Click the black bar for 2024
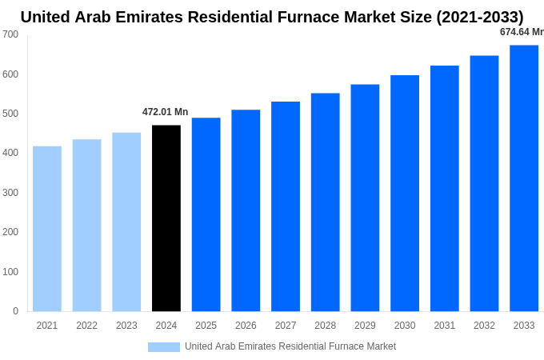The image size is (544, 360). [166, 218]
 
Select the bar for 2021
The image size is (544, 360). [47, 229]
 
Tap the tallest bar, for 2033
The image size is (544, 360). [524, 178]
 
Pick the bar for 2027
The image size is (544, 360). [286, 206]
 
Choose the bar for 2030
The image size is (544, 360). [405, 194]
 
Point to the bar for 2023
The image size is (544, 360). [126, 222]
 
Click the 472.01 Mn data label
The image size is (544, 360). [166, 112]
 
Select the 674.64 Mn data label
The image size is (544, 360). [522, 32]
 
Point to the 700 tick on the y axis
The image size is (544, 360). [10, 34]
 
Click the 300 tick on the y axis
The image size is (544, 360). [10, 193]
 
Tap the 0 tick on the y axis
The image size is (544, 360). [15, 311]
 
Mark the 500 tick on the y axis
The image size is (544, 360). [10, 114]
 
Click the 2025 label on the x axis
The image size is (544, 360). [206, 326]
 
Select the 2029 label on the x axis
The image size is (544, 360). [365, 326]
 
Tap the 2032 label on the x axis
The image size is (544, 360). [484, 326]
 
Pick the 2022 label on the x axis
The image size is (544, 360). [86, 326]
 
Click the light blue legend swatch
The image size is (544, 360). [164, 347]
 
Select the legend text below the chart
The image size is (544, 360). [290, 346]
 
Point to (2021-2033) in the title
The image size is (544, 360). [480, 17]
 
